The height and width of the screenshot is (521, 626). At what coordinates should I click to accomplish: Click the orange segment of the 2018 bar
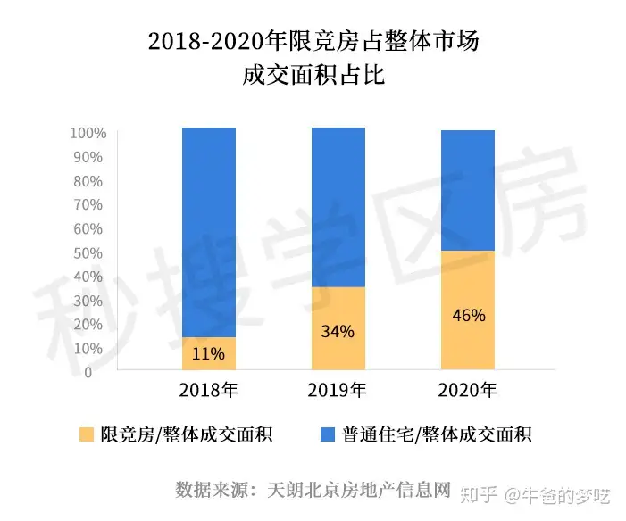point(208,353)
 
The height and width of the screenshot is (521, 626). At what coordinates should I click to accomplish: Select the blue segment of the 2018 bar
point(208,232)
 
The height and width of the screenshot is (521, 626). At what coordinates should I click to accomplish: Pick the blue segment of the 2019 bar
point(338,207)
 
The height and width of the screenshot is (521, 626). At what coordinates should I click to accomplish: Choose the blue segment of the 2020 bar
point(468,191)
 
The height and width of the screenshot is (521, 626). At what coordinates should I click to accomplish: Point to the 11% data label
point(208,353)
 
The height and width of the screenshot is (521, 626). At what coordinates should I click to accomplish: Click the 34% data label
point(338,332)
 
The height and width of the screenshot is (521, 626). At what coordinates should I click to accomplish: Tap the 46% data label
point(468,315)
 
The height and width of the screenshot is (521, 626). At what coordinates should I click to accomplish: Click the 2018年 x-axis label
point(208,390)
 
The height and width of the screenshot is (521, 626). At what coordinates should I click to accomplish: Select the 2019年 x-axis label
point(338,390)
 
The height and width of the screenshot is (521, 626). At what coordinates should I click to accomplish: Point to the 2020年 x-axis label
point(468,390)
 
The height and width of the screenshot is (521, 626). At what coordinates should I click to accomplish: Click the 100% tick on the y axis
point(88,134)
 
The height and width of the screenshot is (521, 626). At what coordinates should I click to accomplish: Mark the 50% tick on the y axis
point(92,253)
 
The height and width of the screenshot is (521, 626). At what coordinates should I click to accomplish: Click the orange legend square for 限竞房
point(87,435)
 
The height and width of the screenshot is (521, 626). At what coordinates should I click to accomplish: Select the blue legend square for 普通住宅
point(328,435)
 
